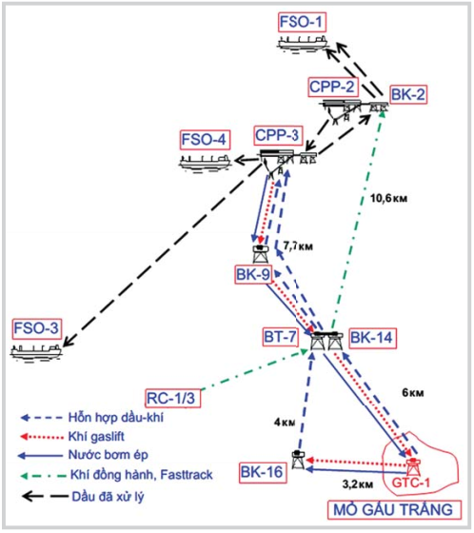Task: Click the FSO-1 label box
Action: (x=302, y=23)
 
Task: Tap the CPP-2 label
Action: (x=332, y=87)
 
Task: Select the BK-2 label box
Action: (x=408, y=94)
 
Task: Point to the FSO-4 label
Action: (x=205, y=140)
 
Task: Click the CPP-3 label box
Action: (x=278, y=135)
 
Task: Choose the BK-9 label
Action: (x=253, y=275)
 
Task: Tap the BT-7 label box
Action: (x=280, y=337)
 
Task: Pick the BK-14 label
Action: (x=371, y=338)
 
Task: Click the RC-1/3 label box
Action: (x=172, y=398)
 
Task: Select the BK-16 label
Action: (x=263, y=472)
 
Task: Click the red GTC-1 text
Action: (x=411, y=483)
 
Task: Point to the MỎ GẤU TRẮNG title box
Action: (x=394, y=510)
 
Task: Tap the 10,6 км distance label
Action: (x=388, y=198)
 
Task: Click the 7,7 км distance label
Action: (x=298, y=247)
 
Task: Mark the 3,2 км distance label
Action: (x=358, y=484)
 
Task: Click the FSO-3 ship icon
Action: (x=36, y=352)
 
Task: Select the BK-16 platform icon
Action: (x=299, y=460)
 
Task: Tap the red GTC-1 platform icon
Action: (x=413, y=466)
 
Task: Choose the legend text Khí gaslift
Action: (x=96, y=437)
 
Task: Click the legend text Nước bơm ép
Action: (x=109, y=455)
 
